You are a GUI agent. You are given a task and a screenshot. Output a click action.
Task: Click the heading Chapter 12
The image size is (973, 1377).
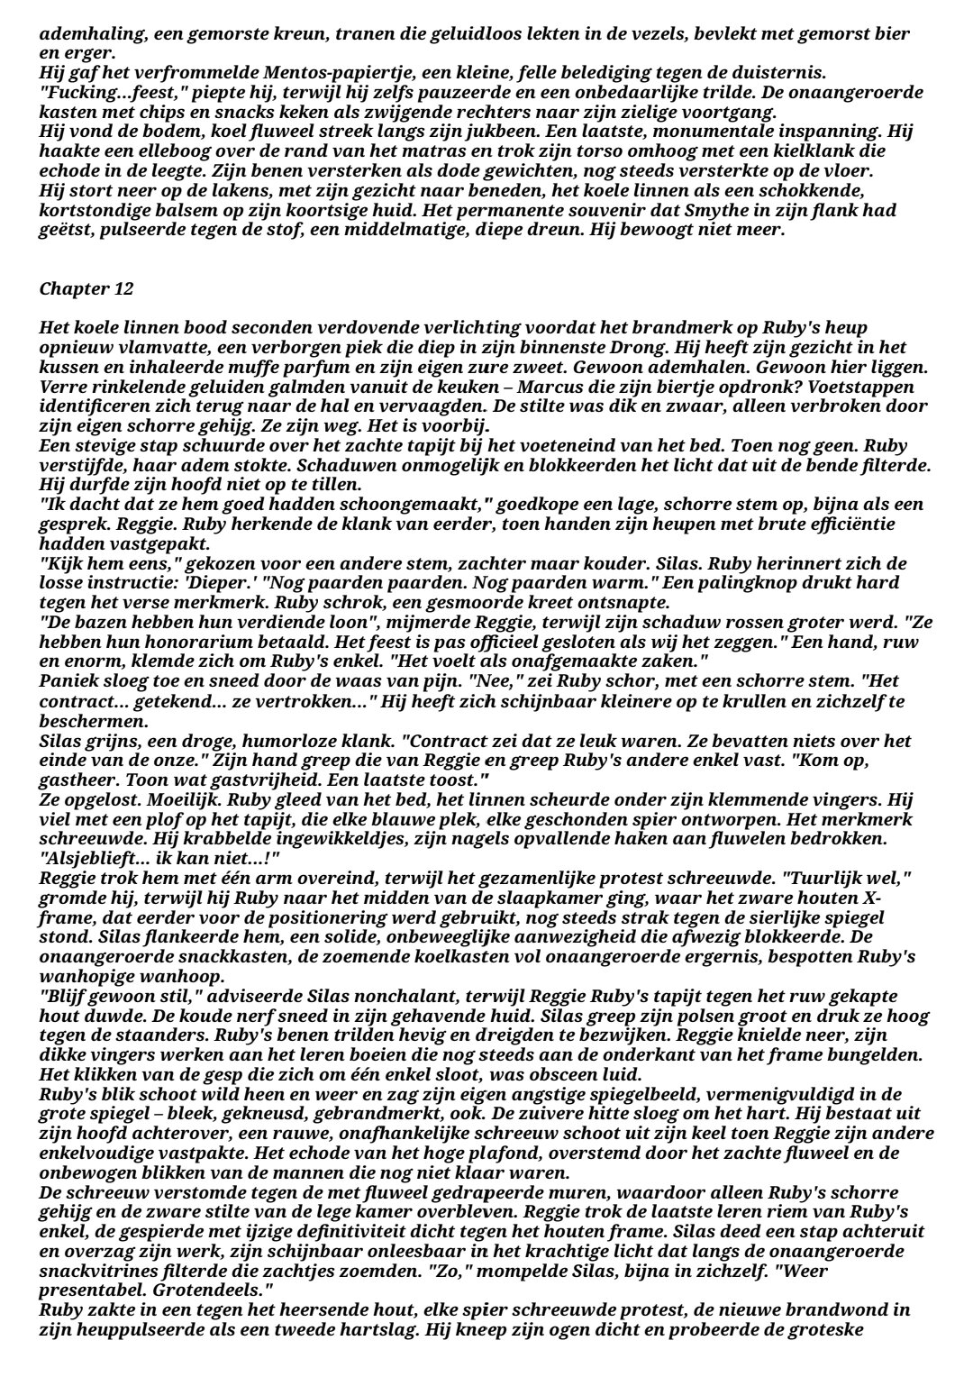click(86, 289)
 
